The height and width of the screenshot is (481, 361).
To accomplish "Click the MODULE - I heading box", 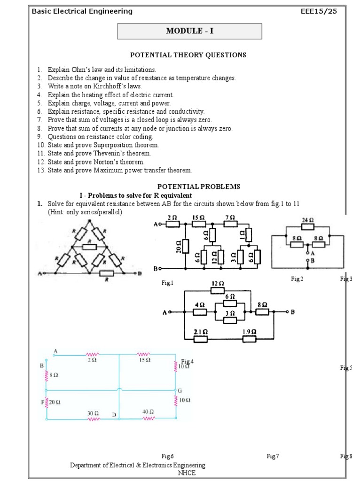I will [189, 31].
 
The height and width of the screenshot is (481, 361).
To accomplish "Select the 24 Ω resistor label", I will [308, 220].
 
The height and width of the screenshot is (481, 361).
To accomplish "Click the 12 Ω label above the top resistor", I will [218, 284].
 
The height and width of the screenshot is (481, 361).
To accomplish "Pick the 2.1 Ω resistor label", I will [201, 332].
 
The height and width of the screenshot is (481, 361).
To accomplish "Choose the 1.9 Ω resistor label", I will [249, 332].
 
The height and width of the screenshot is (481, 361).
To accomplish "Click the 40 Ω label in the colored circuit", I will [148, 411].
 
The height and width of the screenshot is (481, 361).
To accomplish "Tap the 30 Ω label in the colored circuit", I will [93, 413].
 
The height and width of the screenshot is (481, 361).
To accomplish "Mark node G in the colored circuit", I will [180, 391].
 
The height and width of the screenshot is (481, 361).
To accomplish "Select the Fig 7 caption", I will [273, 456].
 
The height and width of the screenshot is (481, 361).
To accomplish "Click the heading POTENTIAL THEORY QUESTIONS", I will [188, 55].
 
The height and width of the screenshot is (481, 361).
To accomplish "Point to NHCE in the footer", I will [187, 473].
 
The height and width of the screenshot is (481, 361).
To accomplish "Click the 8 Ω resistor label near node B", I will [55, 375].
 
